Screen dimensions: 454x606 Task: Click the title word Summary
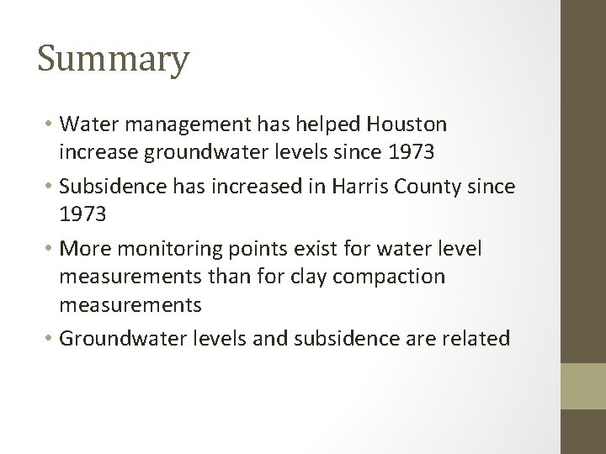coord(114,61)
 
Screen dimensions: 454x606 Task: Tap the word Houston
coord(407,124)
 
